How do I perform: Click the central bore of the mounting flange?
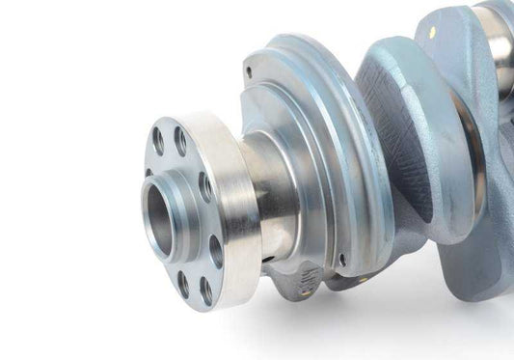tap(160, 213)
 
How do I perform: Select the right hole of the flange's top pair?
tap(180, 141)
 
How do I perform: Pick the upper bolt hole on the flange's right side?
tap(204, 186)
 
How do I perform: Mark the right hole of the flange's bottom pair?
tap(205, 291)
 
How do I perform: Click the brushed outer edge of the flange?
tap(236, 208)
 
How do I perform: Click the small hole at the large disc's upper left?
tap(249, 71)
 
